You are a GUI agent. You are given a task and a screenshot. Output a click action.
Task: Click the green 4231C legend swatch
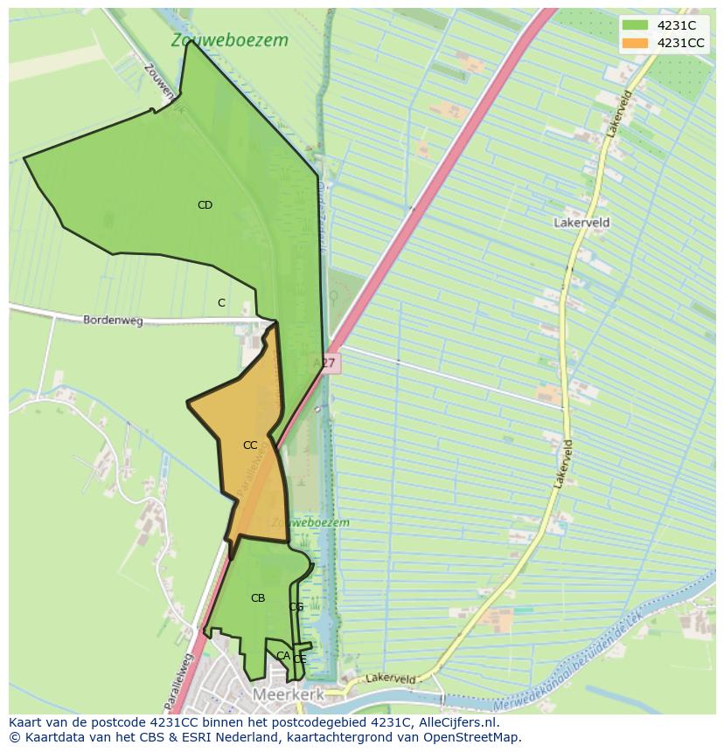point(636,25)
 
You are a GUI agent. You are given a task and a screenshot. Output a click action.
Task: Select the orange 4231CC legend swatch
point(636,43)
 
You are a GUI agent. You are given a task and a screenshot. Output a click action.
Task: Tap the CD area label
point(205,205)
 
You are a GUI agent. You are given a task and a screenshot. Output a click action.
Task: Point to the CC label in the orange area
point(250,445)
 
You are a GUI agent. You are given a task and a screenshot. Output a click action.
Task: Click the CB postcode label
point(258,598)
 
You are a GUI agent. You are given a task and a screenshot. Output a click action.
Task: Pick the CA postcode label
point(282,655)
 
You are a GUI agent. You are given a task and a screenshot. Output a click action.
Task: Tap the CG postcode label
point(296,607)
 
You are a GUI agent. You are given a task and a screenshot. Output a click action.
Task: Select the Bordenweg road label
point(113,321)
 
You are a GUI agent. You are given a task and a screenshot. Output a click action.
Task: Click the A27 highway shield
point(324,362)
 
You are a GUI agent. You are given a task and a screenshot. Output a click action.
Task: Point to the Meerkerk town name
point(289,694)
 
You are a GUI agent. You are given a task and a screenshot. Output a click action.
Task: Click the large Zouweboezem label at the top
point(230,40)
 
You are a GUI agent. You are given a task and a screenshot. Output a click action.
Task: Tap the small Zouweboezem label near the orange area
point(310,522)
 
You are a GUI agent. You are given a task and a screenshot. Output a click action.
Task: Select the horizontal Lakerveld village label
point(581,223)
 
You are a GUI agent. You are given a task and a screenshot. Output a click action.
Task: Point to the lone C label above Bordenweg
point(221,303)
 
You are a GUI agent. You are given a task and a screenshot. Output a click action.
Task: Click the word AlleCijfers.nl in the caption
point(463,722)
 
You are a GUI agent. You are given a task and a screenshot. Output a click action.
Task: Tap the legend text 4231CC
point(680,43)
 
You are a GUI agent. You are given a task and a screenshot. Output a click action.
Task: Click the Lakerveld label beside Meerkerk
point(390,678)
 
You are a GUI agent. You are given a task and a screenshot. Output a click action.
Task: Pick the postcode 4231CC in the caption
point(178,722)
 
